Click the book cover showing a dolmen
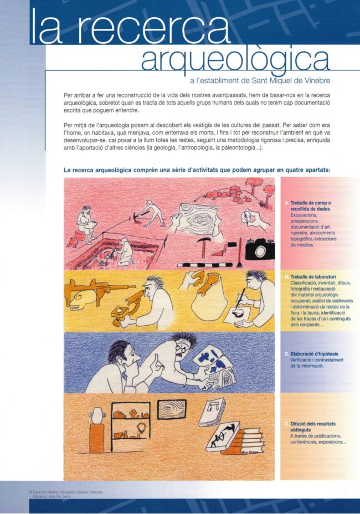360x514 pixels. (x=212, y=412)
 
